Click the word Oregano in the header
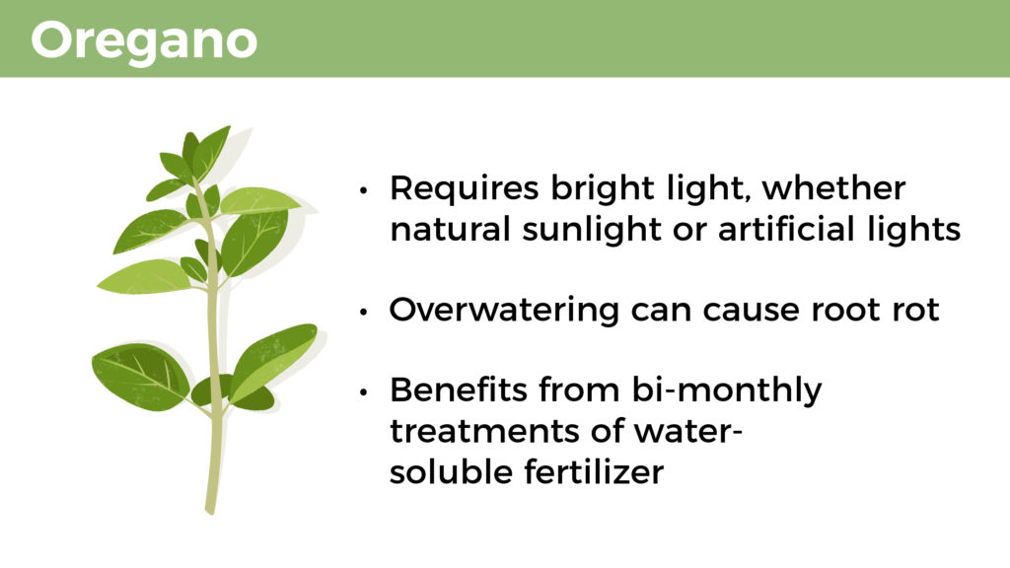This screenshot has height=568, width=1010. pos(144,41)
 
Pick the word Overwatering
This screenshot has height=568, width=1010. pos(504,311)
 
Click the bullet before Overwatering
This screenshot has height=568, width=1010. pos(364,313)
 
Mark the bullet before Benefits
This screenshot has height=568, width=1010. pos(364,392)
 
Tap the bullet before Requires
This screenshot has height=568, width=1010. pos(364,190)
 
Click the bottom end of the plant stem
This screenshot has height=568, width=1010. pos(210,512)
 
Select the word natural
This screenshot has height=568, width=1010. pos(450,230)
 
